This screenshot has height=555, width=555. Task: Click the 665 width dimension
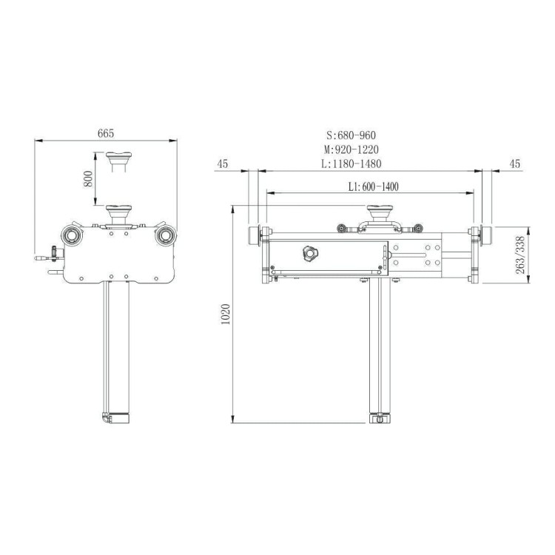pyautogui.click(x=106, y=133)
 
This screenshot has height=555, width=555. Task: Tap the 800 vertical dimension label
pyautogui.click(x=88, y=179)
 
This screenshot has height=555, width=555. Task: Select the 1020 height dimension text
pyautogui.click(x=226, y=314)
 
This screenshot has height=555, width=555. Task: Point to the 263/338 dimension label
pyautogui.click(x=520, y=255)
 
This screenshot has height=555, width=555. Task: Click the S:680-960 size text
pyautogui.click(x=351, y=135)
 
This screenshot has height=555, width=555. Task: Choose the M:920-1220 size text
pyautogui.click(x=351, y=149)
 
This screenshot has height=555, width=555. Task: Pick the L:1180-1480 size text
pyautogui.click(x=351, y=164)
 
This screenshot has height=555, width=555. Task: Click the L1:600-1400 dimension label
pyautogui.click(x=374, y=186)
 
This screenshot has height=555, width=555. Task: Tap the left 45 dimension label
pyautogui.click(x=223, y=164)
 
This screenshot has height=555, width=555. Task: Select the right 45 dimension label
pyautogui.click(x=515, y=164)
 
